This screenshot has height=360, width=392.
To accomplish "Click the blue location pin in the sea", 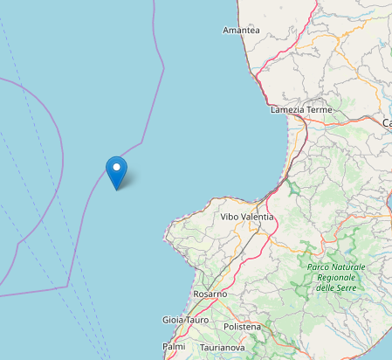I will click(116, 170).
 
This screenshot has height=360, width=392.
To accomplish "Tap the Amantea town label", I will click(241, 30).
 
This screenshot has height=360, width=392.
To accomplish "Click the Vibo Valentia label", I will click(246, 216).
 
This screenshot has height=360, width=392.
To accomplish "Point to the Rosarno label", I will click(210, 294).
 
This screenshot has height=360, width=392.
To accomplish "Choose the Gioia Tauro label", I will click(184, 321).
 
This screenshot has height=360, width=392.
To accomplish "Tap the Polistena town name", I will click(242, 326).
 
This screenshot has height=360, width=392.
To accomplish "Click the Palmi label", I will click(174, 346).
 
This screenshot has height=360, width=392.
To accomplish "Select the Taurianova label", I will click(220, 347).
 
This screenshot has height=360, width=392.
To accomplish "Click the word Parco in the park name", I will click(320, 267).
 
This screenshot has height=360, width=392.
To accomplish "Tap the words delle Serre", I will click(338, 287).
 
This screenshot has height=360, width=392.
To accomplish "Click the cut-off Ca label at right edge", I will click(387, 123).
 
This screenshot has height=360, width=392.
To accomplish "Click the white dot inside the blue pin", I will click(116, 164).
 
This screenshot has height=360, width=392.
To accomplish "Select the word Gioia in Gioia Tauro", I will click(172, 321).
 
